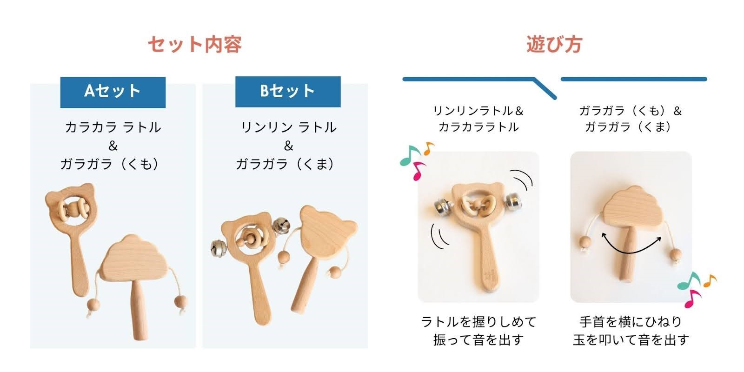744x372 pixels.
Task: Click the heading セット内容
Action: click(195, 45)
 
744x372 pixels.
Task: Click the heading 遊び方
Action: click(554, 45)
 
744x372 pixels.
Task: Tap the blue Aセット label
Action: click(113, 93)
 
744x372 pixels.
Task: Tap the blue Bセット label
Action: click(288, 92)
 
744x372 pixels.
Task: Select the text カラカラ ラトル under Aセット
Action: click(113, 127)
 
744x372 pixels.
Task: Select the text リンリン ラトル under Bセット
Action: click(288, 127)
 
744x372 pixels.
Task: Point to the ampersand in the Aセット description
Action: click(113, 146)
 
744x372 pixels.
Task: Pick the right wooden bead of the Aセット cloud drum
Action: click(181, 302)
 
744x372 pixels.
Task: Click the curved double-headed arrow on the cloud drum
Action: click(631, 251)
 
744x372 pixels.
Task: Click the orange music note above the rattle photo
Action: click(429, 148)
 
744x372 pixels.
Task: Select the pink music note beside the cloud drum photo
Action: click(692, 299)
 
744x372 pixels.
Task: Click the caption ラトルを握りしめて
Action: click(478, 322)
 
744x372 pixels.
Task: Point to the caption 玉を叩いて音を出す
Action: click(631, 340)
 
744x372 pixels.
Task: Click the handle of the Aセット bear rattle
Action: click(79, 262)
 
